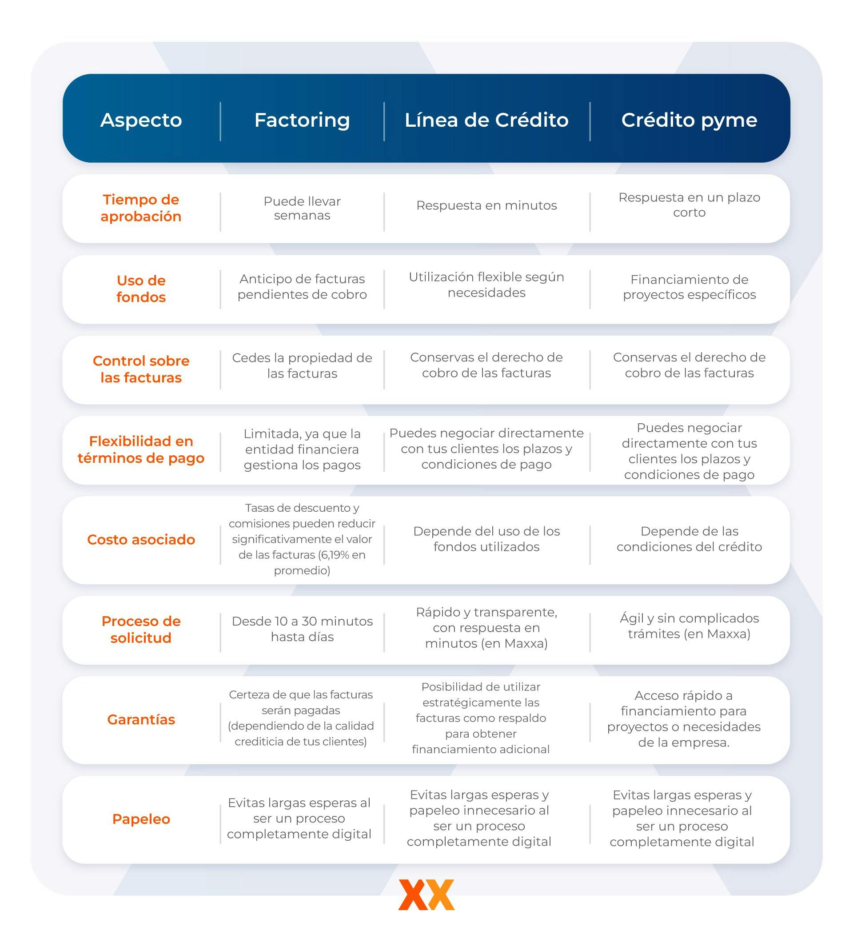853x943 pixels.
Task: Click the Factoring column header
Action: point(302,120)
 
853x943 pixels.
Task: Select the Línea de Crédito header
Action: point(486,120)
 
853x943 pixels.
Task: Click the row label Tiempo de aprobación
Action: point(141,208)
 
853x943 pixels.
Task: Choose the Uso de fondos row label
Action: point(141,289)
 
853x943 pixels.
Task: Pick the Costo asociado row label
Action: point(141,539)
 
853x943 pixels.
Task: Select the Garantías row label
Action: point(141,719)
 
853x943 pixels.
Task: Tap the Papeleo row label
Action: point(141,819)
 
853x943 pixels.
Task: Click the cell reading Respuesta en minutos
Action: point(486,205)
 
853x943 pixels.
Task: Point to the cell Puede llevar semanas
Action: point(302,208)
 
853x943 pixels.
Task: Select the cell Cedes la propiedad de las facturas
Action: point(302,365)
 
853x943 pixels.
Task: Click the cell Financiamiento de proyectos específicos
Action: point(689,287)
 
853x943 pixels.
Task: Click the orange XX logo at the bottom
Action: point(426,895)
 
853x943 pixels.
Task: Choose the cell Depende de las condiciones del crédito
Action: point(689,539)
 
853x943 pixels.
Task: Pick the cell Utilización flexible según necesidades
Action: point(486,285)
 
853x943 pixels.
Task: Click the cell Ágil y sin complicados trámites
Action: point(689,626)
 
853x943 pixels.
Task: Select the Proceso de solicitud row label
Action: point(141,629)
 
